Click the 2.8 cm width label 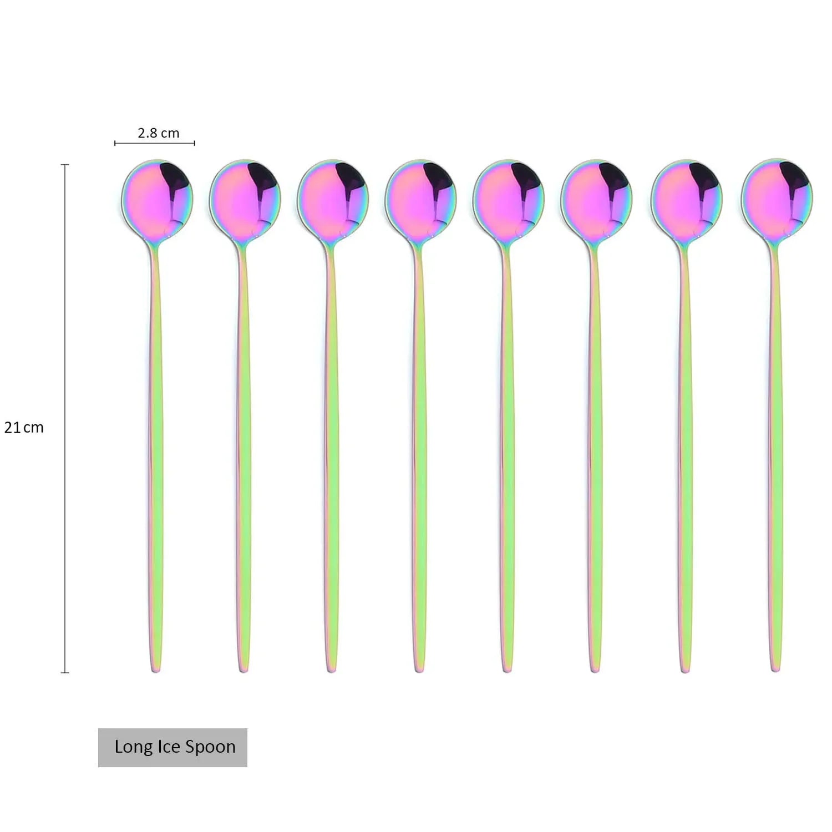click(x=159, y=133)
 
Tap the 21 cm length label click(x=24, y=427)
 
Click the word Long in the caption click(x=133, y=747)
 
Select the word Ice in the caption click(x=168, y=747)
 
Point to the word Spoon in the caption click(x=210, y=747)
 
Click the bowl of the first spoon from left click(x=158, y=199)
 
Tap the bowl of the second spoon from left click(x=245, y=199)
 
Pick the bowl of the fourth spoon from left click(x=420, y=199)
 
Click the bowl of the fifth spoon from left click(x=508, y=199)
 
